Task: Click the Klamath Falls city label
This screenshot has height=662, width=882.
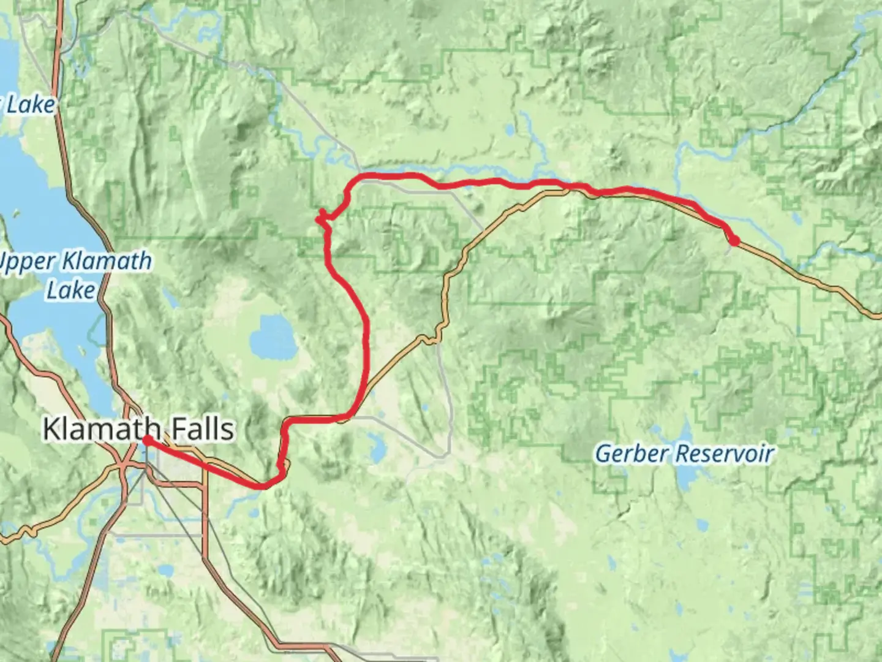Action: coord(138,428)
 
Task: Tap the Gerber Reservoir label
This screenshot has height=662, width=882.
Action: coord(684,454)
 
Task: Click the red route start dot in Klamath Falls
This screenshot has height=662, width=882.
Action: coord(148,440)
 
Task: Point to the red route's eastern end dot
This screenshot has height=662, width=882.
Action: coord(733,240)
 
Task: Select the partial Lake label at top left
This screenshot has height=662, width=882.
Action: coord(29,105)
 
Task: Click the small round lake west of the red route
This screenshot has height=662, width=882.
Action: coord(273,337)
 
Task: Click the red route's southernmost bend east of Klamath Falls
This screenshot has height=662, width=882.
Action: coord(263,487)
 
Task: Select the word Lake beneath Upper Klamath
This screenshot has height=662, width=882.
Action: coord(71,289)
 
